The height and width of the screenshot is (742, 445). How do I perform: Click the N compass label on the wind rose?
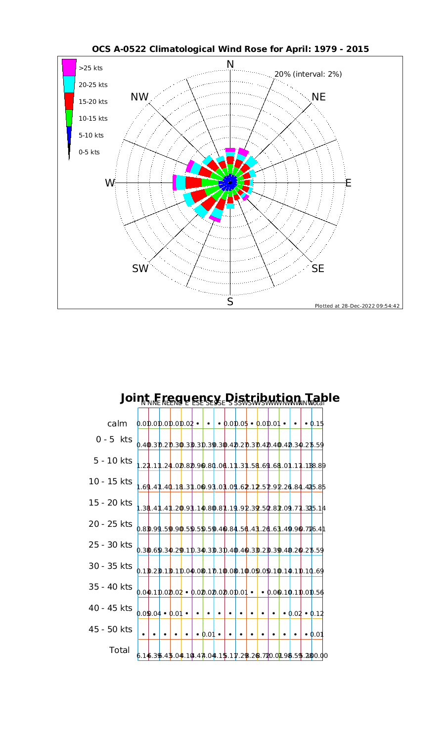(230, 64)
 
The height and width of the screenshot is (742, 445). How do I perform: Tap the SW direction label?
(140, 269)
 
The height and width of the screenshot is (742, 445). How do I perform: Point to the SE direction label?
(318, 269)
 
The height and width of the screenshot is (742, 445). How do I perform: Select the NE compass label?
(319, 97)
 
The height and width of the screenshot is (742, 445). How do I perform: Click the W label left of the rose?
(110, 183)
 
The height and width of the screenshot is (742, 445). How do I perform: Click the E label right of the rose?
(348, 183)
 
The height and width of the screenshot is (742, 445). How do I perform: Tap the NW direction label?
(140, 97)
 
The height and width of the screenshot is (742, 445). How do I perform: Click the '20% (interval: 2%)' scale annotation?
(308, 74)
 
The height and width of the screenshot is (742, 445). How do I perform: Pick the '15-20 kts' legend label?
(93, 101)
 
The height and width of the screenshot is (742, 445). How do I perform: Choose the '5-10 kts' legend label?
(91, 135)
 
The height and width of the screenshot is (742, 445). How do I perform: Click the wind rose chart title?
(230, 49)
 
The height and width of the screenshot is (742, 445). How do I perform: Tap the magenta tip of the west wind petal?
(174, 183)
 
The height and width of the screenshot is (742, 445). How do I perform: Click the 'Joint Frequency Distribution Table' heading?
(230, 398)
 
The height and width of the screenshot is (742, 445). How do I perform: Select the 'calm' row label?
(118, 424)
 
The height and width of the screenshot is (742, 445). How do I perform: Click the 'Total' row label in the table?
(119, 650)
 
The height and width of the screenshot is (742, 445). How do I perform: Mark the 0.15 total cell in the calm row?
(317, 424)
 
